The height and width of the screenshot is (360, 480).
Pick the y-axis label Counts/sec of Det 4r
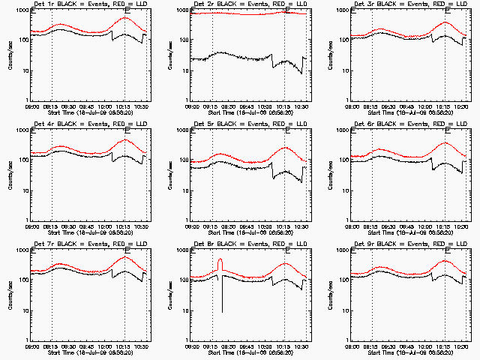[x=10, y=175]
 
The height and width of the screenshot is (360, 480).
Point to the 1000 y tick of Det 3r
[x=343, y=10]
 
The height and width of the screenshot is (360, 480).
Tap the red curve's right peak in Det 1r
[x=125, y=18]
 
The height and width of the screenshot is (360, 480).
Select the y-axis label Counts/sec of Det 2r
[x=170, y=55]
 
